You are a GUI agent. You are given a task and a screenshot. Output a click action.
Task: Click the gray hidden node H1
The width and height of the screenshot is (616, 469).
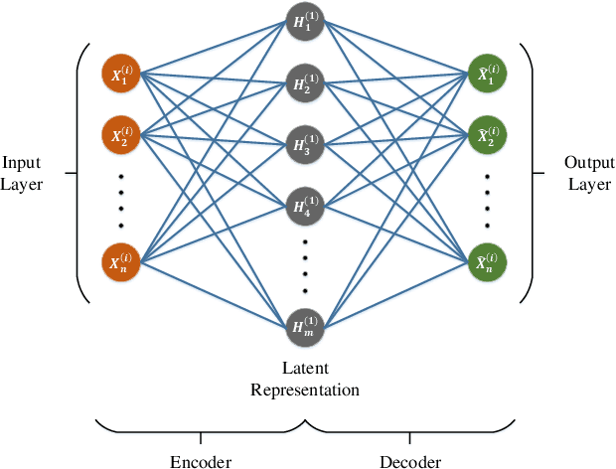click(305, 22)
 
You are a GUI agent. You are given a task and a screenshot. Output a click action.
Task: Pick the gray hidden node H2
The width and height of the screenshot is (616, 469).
click(305, 82)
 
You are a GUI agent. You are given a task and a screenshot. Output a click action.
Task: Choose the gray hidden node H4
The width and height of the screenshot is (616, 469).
click(305, 206)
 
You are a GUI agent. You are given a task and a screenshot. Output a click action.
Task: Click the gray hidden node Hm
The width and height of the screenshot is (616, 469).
click(305, 325)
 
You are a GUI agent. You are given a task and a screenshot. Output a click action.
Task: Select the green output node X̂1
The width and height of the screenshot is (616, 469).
click(487, 75)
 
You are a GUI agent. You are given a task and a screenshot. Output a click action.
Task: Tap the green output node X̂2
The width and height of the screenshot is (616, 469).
click(487, 135)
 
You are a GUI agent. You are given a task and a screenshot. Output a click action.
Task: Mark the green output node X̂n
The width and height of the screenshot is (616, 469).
click(487, 263)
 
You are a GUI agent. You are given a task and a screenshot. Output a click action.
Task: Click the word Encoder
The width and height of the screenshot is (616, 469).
click(201, 461)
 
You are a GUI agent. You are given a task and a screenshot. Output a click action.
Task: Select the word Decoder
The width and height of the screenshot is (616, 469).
click(410, 461)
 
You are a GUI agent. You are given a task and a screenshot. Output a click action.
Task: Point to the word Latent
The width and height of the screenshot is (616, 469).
click(305, 369)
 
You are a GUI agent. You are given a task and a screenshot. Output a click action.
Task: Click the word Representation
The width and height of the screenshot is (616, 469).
click(305, 389)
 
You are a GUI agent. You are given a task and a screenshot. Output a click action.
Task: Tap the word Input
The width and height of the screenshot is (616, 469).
click(22, 163)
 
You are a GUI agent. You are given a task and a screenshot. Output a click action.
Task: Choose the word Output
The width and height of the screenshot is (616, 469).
click(589, 163)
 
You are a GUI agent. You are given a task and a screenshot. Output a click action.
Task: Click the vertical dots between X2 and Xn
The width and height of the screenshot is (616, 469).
click(121, 200)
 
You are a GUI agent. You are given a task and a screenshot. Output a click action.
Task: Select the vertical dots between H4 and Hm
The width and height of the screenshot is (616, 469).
click(305, 265)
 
